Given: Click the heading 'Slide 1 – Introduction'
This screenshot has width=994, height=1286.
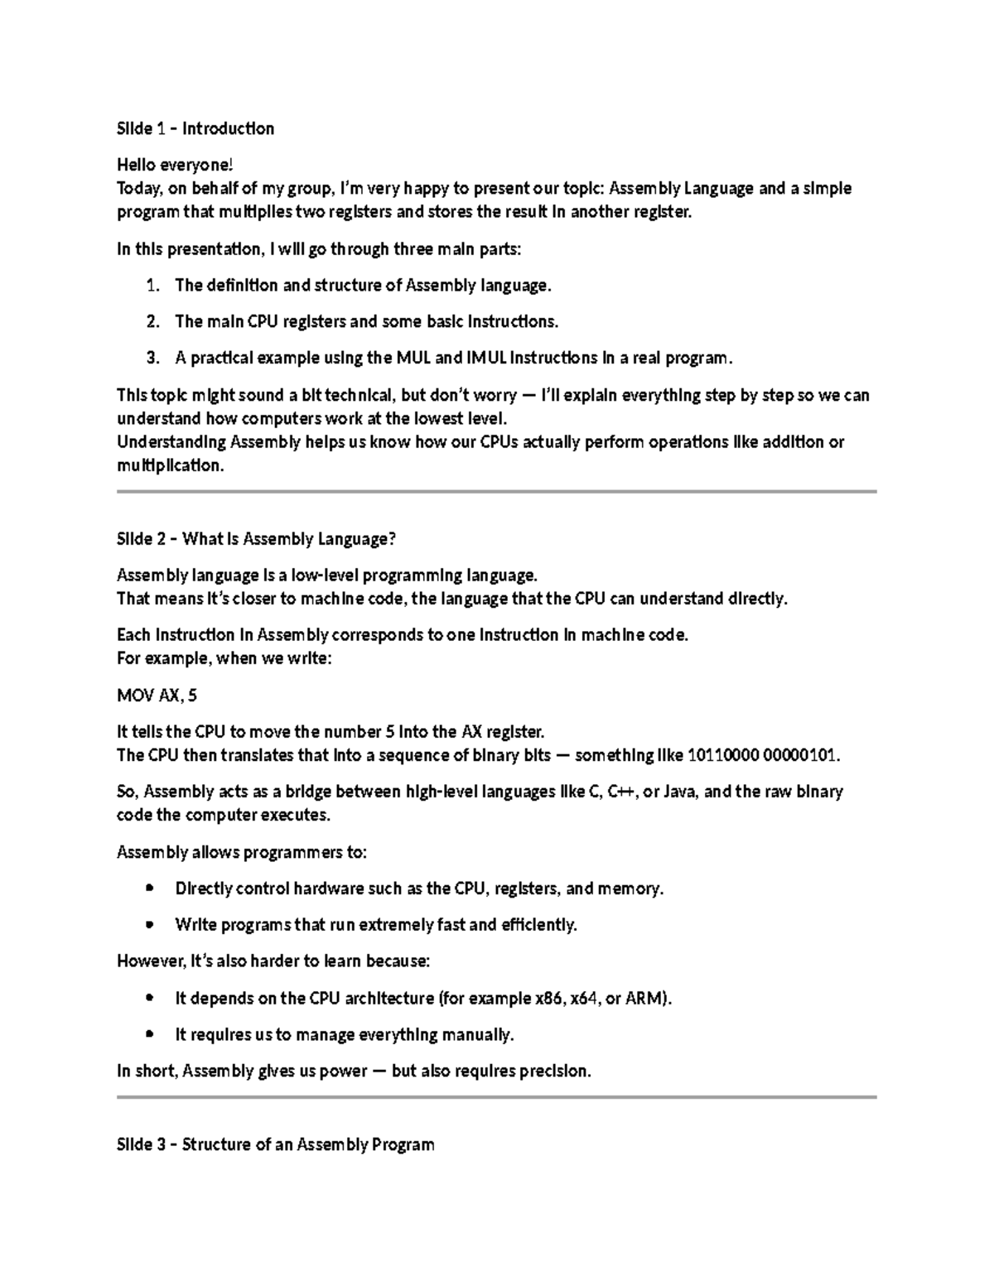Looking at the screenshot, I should (x=195, y=128).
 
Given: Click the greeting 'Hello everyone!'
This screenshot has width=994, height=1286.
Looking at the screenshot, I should (x=169, y=165).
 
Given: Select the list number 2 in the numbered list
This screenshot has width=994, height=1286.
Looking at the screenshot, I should (x=152, y=321).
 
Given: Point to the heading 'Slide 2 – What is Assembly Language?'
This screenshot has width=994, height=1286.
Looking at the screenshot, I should (x=257, y=539).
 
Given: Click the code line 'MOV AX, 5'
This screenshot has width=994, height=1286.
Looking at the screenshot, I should (x=157, y=695).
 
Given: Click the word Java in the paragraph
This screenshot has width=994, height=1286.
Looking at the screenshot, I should (x=681, y=792).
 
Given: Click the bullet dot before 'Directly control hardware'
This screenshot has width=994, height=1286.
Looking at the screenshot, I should (x=150, y=889).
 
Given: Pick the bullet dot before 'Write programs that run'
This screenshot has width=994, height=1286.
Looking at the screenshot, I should (x=150, y=925).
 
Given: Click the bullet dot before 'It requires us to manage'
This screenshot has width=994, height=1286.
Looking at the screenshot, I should (x=150, y=1034).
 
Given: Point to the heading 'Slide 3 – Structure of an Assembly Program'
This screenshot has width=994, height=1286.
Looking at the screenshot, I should (x=276, y=1144).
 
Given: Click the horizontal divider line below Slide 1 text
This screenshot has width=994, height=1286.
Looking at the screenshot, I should (x=497, y=492).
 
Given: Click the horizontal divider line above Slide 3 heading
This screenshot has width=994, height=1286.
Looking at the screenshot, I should (x=497, y=1097).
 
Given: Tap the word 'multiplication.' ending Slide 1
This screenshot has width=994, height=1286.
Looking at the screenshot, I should (x=171, y=465).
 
